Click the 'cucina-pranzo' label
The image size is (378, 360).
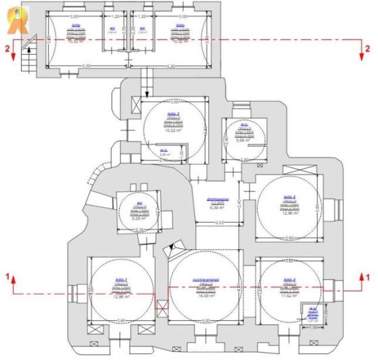pyautogui.click(x=204, y=278)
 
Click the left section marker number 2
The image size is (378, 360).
pyautogui.click(x=7, y=49)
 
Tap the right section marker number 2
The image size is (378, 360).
pyautogui.click(x=367, y=49)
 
